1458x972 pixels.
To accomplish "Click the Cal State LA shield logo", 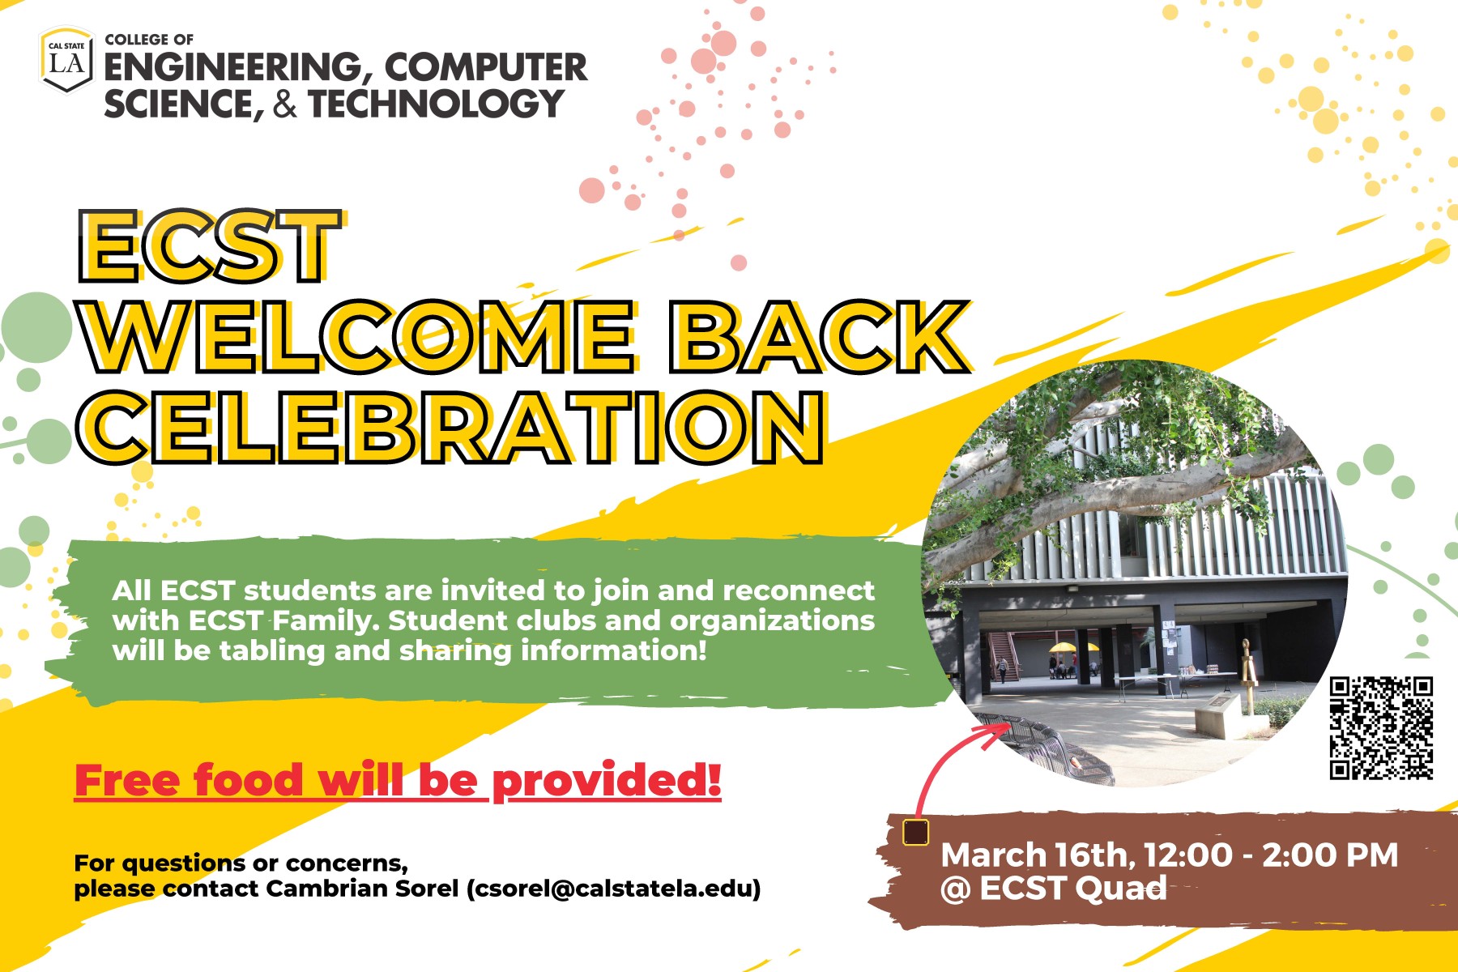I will click(66, 59).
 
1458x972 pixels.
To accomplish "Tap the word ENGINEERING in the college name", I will click(232, 67).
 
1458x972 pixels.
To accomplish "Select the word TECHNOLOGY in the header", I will click(437, 104).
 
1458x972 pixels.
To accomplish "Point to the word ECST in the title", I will click(209, 246).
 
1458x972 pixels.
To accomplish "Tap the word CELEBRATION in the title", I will click(450, 428).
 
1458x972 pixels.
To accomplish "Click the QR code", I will click(1381, 728).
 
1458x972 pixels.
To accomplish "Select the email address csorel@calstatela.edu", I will click(613, 889).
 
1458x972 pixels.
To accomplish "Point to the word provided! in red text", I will click(607, 780).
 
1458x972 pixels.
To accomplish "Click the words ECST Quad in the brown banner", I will click(1072, 889).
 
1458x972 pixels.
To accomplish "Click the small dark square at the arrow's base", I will click(915, 832).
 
